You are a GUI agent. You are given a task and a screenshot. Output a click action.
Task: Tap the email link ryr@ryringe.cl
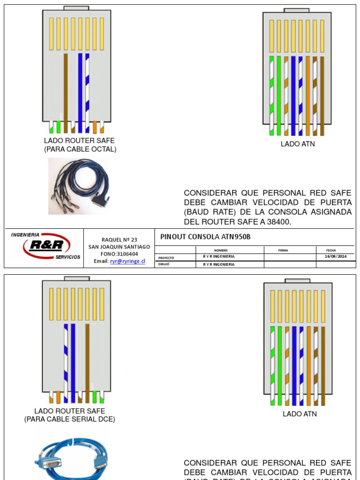[127, 261]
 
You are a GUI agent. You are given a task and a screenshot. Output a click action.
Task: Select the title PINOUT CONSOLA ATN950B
[205, 237]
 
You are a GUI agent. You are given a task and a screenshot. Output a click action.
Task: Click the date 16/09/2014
[336, 256]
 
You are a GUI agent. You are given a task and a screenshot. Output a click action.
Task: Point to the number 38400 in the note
[279, 222]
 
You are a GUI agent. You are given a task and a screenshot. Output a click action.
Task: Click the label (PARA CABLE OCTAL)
[79, 150]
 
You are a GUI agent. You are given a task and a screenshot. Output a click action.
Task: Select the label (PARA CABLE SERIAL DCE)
[70, 420]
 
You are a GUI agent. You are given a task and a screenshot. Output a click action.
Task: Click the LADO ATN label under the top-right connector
[298, 144]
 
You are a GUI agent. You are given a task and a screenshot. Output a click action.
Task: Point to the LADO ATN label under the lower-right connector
[300, 414]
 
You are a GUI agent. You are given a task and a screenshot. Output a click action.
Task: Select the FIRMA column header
[283, 250]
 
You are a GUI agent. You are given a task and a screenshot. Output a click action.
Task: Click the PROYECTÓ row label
[166, 257]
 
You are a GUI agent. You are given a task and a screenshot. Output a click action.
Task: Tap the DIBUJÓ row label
[164, 264]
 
